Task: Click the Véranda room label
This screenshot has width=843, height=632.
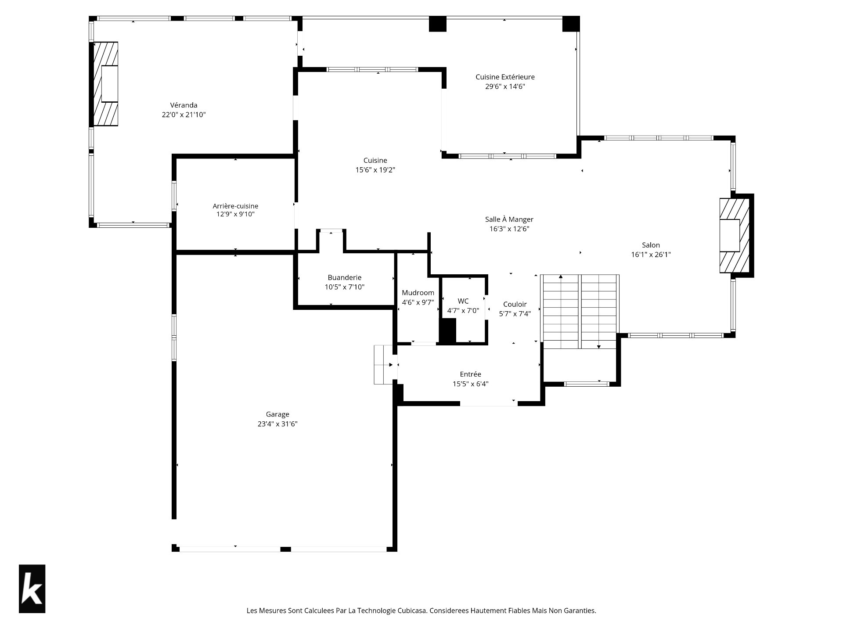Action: click(184, 105)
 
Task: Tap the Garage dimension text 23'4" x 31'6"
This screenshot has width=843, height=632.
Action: click(277, 424)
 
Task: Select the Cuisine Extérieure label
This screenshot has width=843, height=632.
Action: click(505, 77)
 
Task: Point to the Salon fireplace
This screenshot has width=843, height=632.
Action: click(734, 236)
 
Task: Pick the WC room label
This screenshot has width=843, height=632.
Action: click(463, 301)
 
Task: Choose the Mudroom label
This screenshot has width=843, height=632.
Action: click(418, 293)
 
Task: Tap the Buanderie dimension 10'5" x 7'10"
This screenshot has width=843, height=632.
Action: click(345, 287)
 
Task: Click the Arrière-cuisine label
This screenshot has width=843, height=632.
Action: click(235, 206)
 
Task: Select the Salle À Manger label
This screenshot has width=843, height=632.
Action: click(509, 219)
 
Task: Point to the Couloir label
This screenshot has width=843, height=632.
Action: click(515, 304)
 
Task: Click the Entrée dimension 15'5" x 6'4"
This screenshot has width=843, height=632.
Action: click(471, 384)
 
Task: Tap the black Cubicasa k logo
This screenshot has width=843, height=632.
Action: click(32, 589)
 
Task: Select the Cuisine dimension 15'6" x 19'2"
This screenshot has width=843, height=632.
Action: click(375, 170)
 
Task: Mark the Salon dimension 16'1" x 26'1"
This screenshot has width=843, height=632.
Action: click(651, 255)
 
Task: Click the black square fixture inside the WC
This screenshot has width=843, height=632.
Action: click(448, 331)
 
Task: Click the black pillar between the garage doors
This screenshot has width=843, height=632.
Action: click(285, 549)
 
